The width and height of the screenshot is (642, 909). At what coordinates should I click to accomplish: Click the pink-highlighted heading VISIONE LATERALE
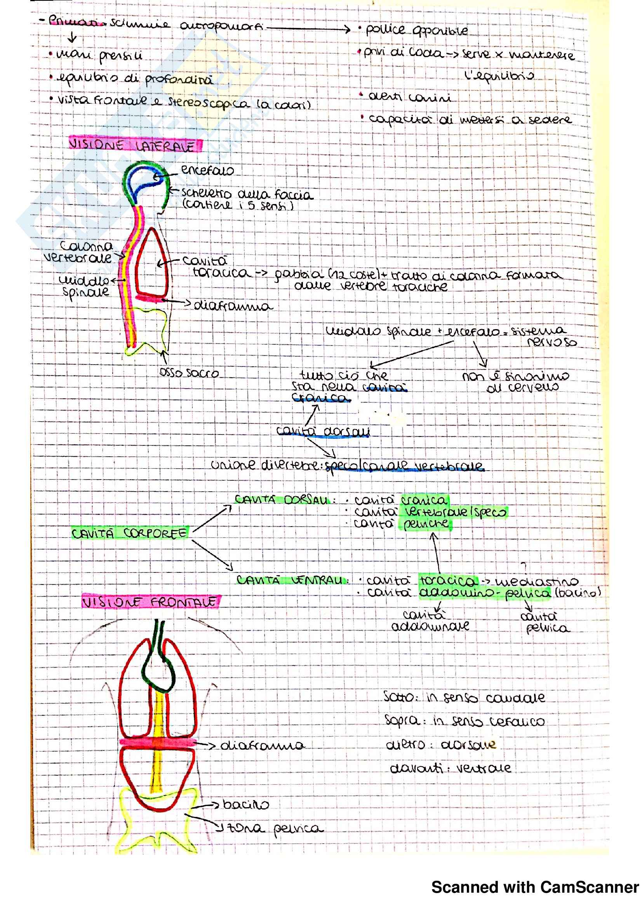134,145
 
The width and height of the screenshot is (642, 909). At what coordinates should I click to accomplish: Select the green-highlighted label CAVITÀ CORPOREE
129,533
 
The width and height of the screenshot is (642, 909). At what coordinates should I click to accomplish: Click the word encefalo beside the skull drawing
207,171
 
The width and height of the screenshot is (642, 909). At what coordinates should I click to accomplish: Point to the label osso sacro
189,373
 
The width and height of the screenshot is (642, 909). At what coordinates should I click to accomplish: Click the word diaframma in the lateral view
233,306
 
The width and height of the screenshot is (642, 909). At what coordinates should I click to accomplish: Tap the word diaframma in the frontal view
262,745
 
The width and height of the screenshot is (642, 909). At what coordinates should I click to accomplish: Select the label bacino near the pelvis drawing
245,804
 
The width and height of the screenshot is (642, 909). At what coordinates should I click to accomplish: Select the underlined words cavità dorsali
323,431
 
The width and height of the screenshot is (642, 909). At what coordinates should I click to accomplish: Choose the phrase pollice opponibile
416,30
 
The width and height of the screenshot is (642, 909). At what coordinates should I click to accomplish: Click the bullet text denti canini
409,98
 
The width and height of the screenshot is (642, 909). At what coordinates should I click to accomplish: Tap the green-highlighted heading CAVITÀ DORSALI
282,500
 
